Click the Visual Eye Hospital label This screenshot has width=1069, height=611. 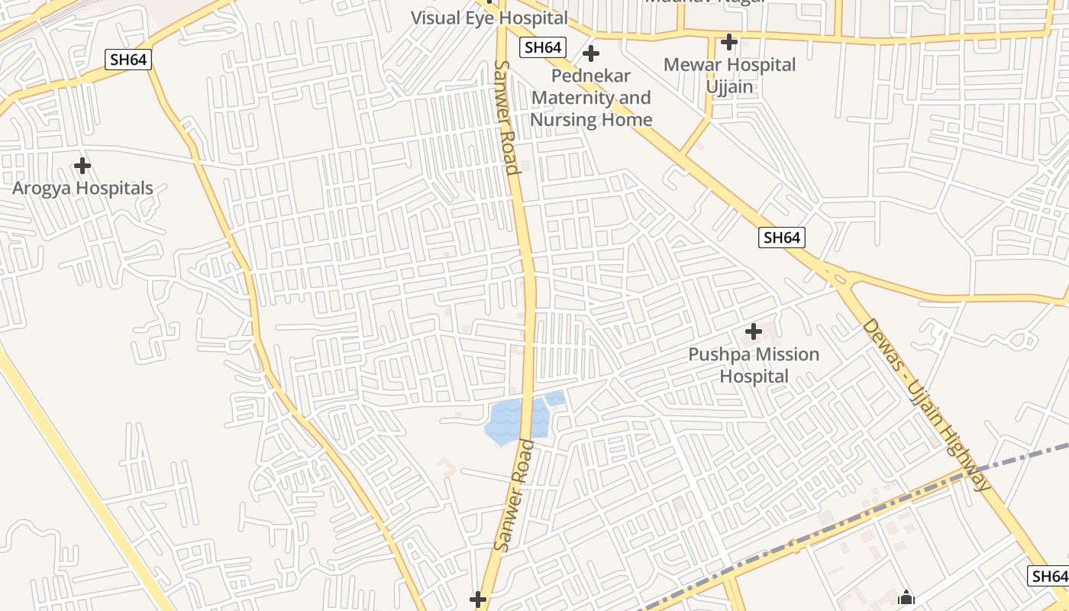point(489,18)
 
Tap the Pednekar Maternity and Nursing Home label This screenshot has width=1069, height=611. point(591,98)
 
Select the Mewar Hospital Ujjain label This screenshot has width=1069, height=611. point(729,76)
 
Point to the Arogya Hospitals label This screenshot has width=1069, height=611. point(82,188)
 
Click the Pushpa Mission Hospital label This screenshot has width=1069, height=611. point(754,365)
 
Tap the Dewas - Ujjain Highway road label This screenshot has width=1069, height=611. point(926,405)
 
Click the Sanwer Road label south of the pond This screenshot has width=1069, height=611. point(513,495)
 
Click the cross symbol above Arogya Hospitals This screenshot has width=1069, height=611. point(82,166)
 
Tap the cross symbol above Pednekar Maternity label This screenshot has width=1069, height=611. point(591,54)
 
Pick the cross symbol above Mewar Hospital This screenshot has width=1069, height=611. point(729,41)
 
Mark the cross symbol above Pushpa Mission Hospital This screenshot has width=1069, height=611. point(754,331)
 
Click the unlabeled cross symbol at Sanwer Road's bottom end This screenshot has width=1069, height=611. point(478,600)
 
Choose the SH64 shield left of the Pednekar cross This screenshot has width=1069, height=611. point(542,47)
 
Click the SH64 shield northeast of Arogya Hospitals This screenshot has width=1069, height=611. point(128,60)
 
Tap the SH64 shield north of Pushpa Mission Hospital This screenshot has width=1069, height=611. point(782,238)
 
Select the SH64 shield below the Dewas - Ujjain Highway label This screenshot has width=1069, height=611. point(1048,576)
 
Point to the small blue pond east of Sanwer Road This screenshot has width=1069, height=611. point(555,398)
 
